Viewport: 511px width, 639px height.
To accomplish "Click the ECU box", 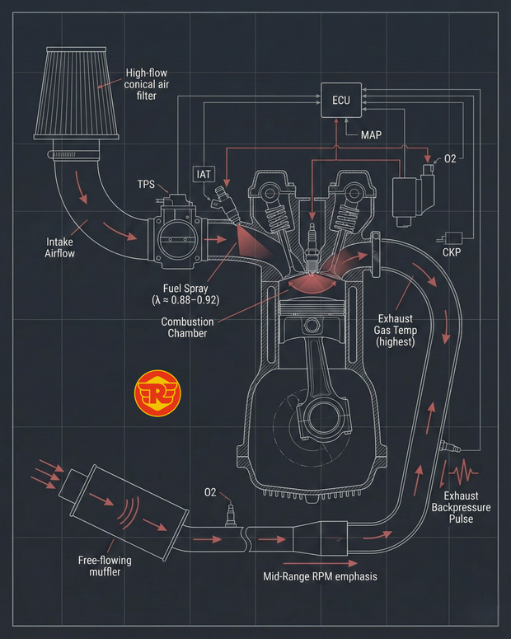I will tap(340, 100).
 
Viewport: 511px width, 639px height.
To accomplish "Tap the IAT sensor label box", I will tap(204, 173).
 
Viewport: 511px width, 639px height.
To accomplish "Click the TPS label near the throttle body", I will tap(148, 185).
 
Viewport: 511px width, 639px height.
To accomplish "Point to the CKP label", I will tap(452, 253).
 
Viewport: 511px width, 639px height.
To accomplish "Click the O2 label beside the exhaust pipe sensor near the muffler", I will tap(210, 492).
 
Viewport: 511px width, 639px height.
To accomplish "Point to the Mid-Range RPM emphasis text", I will tap(319, 576).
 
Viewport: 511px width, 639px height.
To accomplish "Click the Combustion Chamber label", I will tap(187, 327).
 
